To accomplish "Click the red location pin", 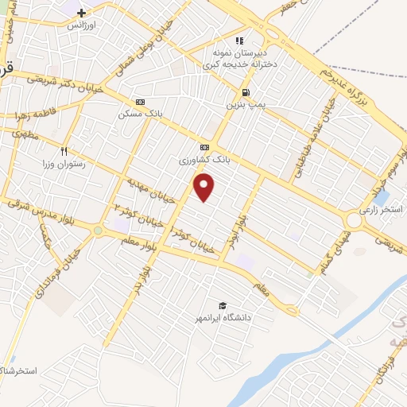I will tap(204, 188).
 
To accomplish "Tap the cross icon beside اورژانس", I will tap(82, 14).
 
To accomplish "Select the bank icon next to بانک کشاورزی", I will tap(204, 147).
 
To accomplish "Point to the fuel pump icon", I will tap(245, 91).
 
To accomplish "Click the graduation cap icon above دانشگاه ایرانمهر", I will tap(223, 305).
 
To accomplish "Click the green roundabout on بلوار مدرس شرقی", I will tap(97, 231).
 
